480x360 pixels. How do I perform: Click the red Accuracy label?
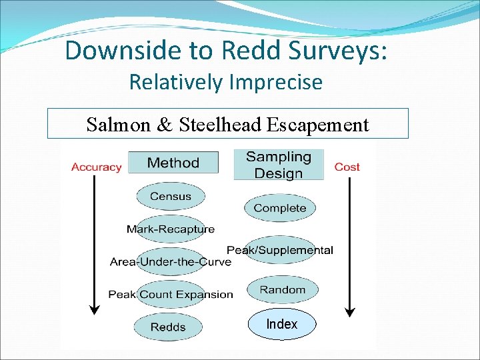coord(96,167)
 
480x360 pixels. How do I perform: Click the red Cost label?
coord(347,167)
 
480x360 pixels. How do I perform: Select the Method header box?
coord(173,163)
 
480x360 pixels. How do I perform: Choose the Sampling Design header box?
coord(279,165)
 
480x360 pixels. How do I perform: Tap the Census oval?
coord(171,197)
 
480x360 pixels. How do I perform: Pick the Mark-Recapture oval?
coord(171,229)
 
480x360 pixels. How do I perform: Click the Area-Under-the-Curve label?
coord(171,262)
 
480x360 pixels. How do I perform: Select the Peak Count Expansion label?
coord(171,294)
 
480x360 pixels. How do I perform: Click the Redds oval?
coord(168,327)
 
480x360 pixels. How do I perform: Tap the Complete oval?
coord(280,208)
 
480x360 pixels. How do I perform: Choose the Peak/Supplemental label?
coord(280,250)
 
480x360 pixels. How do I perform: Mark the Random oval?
coord(283,290)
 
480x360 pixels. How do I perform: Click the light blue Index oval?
coord(282,324)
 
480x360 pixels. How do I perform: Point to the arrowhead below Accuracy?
coord(95,309)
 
